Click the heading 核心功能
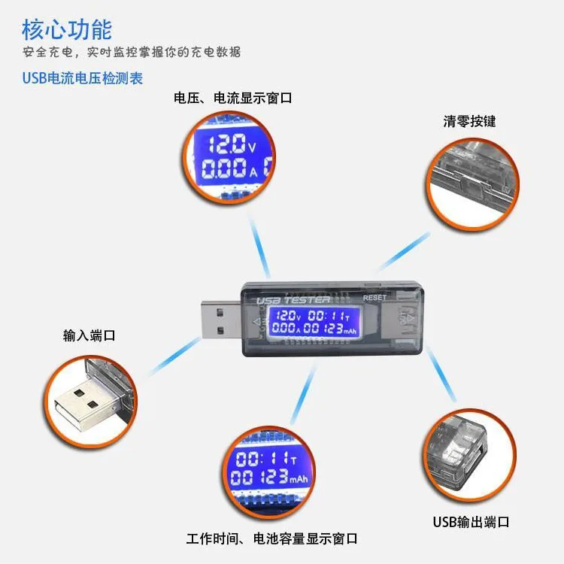(x=67, y=29)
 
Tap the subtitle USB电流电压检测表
(x=83, y=77)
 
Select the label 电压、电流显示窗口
(x=232, y=99)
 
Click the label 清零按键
(x=469, y=121)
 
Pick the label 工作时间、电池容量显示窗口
(x=271, y=539)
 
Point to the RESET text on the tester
(x=374, y=298)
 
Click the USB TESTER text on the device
(x=294, y=300)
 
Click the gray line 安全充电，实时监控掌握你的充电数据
(x=132, y=53)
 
